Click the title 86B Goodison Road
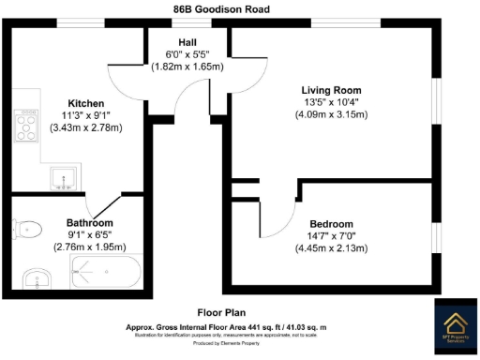tap(221, 8)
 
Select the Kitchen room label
tap(85, 103)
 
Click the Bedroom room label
tap(331, 224)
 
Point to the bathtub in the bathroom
tap(105, 276)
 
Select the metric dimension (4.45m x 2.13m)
tap(331, 248)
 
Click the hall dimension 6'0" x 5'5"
tap(187, 55)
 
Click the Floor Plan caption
tap(221, 312)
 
